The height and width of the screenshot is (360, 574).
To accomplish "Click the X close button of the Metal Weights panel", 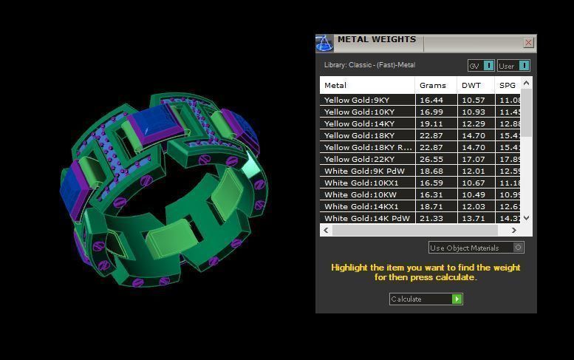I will pyautogui.click(x=528, y=43).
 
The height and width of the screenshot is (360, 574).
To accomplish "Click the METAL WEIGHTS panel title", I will pyautogui.click(x=376, y=40).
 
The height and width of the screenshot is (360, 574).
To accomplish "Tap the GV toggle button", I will pyautogui.click(x=481, y=66).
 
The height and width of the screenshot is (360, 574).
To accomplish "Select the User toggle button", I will pyautogui.click(x=513, y=66).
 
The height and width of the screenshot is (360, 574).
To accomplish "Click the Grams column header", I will pyautogui.click(x=432, y=86).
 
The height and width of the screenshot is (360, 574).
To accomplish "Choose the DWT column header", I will pyautogui.click(x=471, y=86).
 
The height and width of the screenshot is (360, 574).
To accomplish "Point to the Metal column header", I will pyautogui.click(x=335, y=86).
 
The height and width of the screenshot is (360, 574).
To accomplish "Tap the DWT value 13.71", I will pyautogui.click(x=473, y=218).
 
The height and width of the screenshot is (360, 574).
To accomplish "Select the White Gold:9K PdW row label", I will pyautogui.click(x=364, y=171).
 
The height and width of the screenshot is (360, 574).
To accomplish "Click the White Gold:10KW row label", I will pyautogui.click(x=360, y=194).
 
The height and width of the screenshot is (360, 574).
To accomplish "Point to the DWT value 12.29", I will pyautogui.click(x=473, y=123).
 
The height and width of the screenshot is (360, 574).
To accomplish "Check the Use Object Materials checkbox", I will pyautogui.click(x=519, y=248).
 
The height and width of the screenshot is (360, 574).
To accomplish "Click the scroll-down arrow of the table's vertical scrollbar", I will pyautogui.click(x=526, y=218).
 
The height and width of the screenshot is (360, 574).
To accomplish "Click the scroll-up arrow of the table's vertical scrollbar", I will pyautogui.click(x=526, y=84).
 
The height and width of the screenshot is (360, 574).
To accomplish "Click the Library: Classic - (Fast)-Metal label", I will pyautogui.click(x=369, y=66).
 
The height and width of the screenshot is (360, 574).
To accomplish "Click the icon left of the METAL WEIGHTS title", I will pyautogui.click(x=324, y=43).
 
